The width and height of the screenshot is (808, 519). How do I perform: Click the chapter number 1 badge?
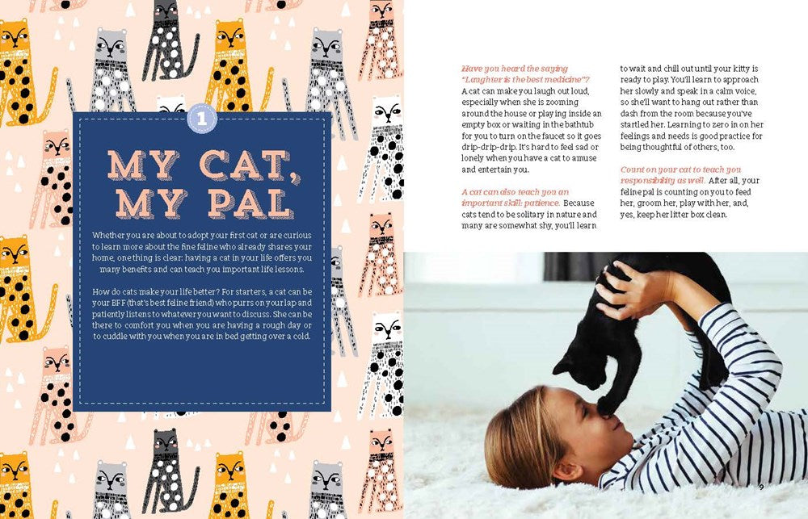pos(203,119)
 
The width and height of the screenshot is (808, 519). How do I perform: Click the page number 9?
pos(761,486)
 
